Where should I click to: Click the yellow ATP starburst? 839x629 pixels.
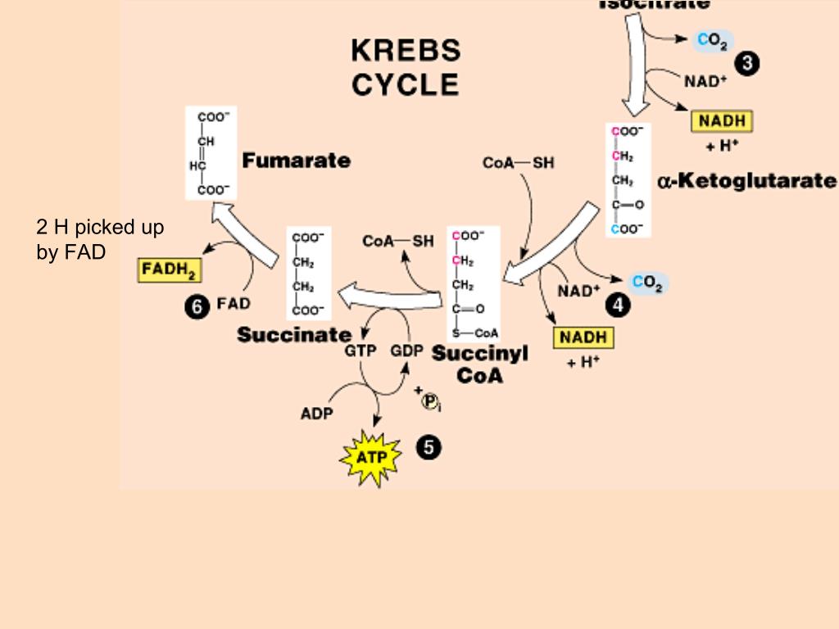[x=370, y=457]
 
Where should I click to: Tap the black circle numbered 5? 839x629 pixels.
[x=429, y=447]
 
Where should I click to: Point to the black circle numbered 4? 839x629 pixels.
[x=618, y=305]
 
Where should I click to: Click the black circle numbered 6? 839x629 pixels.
[x=197, y=306]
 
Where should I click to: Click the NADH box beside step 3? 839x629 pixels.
[x=721, y=121]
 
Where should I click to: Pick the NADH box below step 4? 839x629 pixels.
[x=583, y=337]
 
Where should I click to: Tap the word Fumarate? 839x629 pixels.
[x=296, y=161]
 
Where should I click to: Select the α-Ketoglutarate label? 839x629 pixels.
[x=746, y=180]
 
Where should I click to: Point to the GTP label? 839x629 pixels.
[x=360, y=351]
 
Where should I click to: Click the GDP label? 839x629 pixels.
[x=406, y=351]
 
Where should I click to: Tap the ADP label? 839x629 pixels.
[x=316, y=414]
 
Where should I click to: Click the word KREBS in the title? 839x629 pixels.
[x=406, y=51]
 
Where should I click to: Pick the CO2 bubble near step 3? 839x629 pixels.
[x=712, y=41]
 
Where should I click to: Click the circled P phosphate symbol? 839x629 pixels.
[x=430, y=400]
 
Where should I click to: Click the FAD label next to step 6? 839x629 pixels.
[x=234, y=304]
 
